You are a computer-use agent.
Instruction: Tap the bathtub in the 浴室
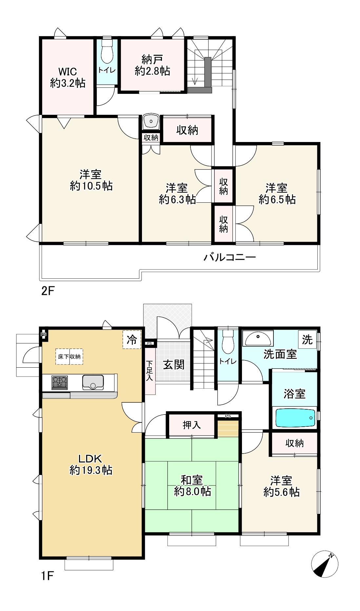point(295,418)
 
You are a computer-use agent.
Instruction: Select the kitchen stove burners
point(59,383)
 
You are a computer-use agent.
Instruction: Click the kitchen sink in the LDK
point(93,382)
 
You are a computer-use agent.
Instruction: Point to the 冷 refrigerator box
point(132,339)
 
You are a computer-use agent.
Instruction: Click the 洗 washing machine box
point(307,340)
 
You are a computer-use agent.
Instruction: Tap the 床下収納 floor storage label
point(69,356)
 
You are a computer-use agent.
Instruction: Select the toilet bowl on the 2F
point(107,51)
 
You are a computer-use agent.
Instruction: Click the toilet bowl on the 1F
point(228,341)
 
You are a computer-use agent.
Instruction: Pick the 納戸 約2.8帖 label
point(152,66)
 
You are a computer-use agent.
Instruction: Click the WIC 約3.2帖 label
point(68,77)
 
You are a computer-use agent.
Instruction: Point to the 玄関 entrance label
point(174,364)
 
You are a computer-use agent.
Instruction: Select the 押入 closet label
point(192,425)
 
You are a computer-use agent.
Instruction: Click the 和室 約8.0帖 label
point(192,485)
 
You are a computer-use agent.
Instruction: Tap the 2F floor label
point(47,291)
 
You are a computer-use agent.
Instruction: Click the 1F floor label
point(47,576)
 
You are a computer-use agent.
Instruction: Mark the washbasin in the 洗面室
point(258,338)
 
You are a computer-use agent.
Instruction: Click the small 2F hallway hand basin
point(151,122)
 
